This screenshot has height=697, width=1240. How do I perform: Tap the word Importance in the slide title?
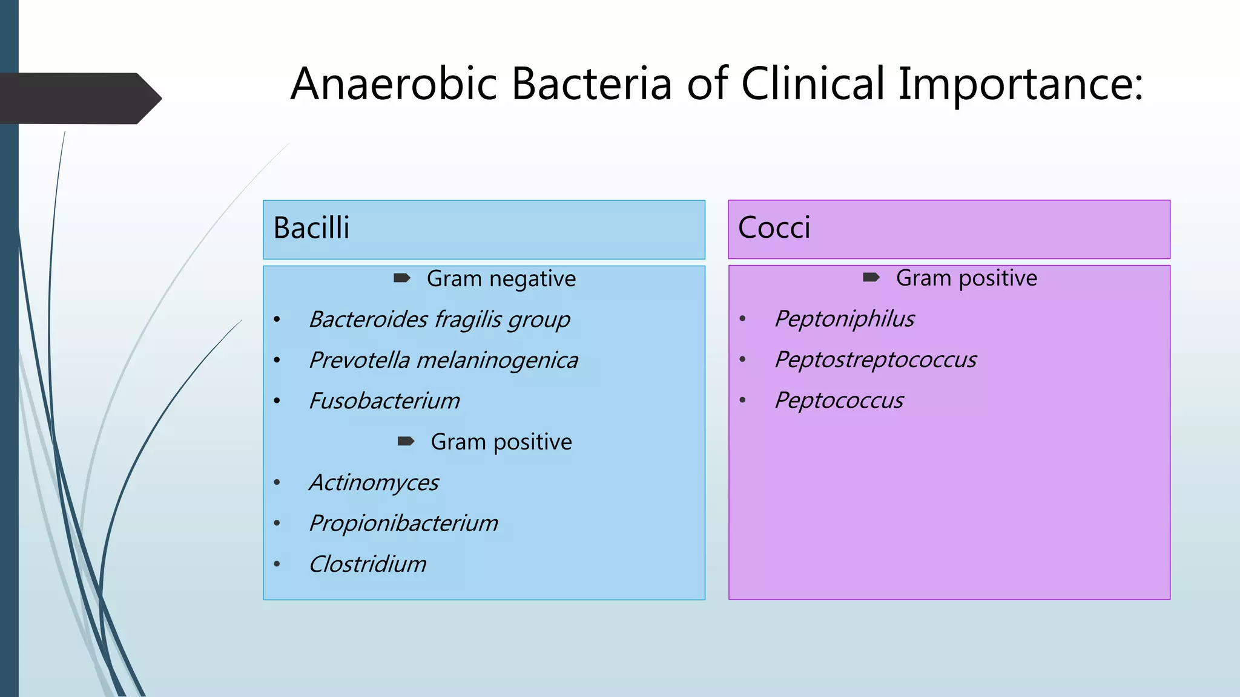1020,84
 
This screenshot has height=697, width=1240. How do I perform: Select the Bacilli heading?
311,228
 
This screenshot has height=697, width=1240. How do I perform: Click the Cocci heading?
774,228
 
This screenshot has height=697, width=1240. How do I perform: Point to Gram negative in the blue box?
501,279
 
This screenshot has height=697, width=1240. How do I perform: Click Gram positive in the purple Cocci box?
966,278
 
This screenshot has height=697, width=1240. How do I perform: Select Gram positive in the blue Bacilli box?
501,442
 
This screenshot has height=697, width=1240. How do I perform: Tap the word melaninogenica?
497,360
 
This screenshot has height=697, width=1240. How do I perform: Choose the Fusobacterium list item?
384,401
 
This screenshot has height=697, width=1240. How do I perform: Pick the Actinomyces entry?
374,482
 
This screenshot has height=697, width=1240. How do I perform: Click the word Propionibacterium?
403,523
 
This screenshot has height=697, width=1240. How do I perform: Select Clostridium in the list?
368,564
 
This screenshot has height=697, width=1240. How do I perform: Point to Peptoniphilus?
844,319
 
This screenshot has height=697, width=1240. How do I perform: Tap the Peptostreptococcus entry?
876,359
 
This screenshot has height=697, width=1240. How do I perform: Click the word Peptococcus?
839,401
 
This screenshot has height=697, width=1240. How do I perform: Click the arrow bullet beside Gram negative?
402,278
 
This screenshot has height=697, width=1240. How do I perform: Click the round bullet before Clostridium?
277,564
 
